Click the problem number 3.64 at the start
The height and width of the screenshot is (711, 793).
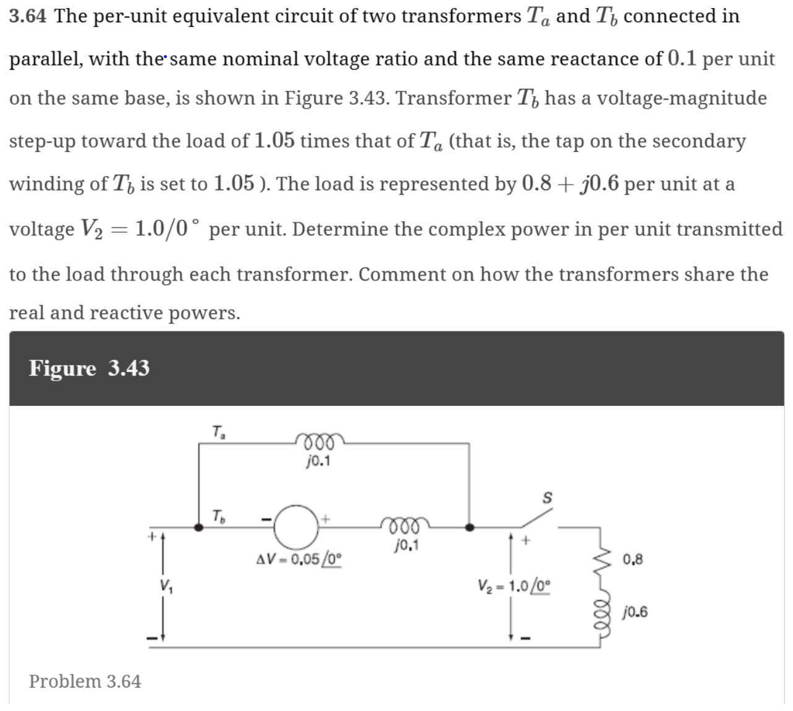28,16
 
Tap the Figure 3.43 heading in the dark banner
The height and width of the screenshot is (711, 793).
89,368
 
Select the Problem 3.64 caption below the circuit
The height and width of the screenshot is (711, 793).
85,681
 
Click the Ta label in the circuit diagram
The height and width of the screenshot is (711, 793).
218,431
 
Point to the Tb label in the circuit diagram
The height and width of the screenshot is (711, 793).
218,515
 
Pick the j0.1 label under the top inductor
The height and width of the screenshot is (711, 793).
318,461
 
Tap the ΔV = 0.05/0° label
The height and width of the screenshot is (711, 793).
299,560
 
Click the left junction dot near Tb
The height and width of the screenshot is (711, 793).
198,528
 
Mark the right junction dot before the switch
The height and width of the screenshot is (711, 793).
470,528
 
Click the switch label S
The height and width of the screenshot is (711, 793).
546,497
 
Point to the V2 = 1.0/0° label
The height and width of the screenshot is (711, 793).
512,584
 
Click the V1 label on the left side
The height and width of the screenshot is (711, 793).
166,584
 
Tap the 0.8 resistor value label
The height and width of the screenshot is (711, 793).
633,560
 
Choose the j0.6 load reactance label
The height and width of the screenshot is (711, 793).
635,612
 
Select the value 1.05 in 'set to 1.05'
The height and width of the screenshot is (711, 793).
233,183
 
